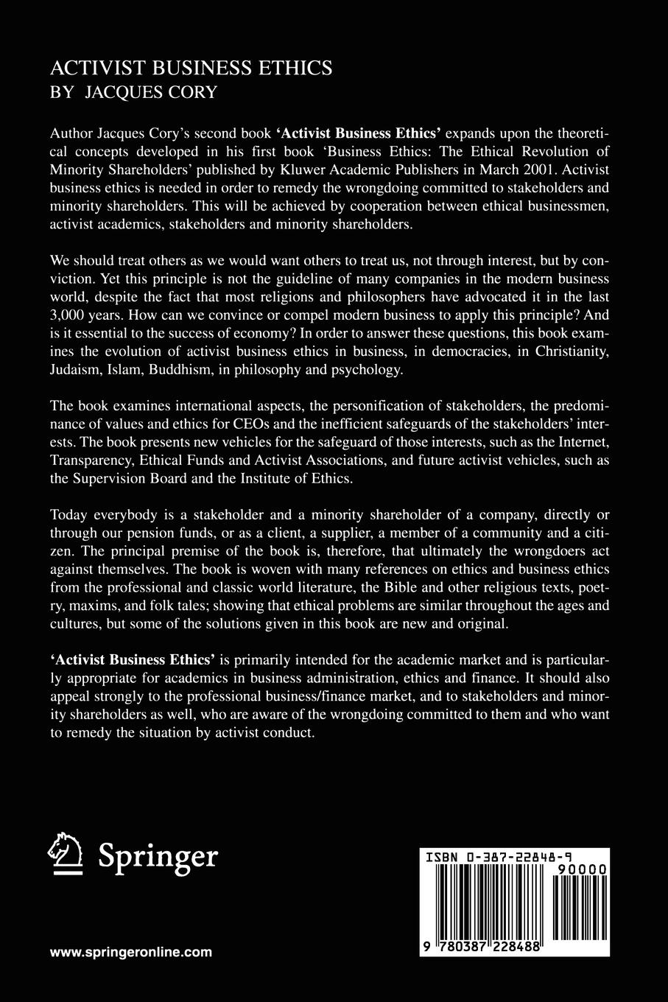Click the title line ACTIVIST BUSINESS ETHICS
pos(191,69)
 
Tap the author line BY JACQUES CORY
pos(133,92)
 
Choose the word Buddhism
pos(174,370)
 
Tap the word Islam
pos(127,370)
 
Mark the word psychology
pos(368,370)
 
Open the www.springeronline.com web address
pos(131,952)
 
